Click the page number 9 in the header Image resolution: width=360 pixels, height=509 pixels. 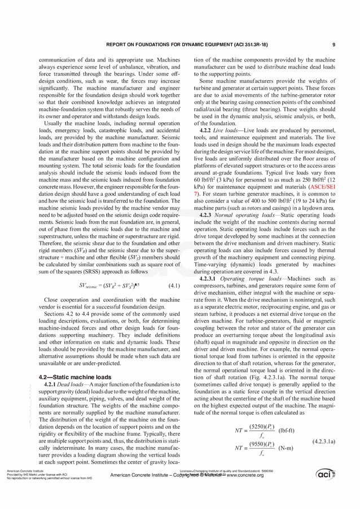click(333, 45)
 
